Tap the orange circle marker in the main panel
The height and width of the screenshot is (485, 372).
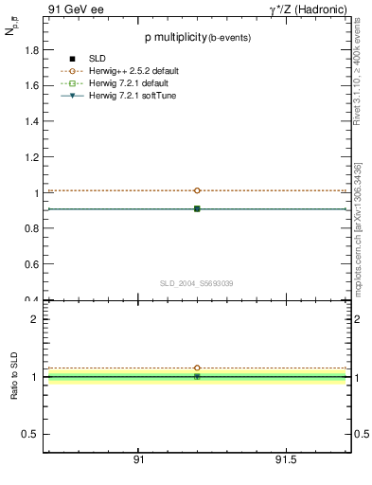(197, 190)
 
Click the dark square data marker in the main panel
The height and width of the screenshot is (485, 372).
(197, 208)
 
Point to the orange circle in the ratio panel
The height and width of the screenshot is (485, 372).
(197, 368)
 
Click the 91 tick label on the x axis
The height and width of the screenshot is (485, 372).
(138, 459)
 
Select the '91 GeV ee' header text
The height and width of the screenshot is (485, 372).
(75, 9)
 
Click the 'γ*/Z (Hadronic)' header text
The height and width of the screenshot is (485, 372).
(307, 9)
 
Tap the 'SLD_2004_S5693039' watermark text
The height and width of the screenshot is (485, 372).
(196, 283)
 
